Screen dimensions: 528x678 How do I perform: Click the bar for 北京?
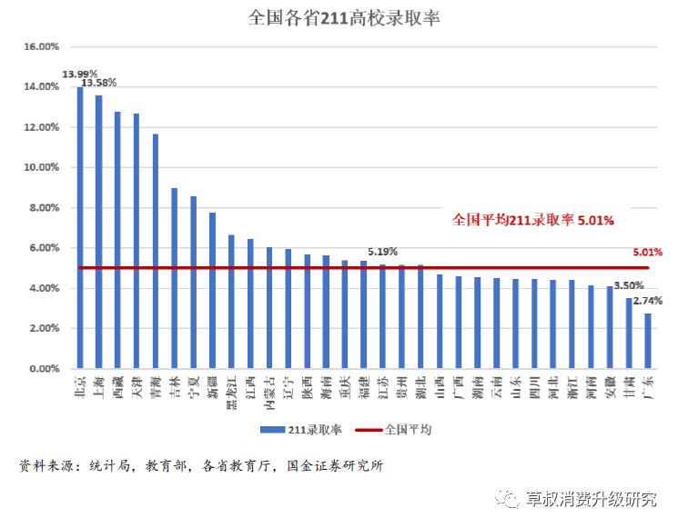[x=80, y=228]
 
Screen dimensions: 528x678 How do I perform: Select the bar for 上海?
[x=98, y=233]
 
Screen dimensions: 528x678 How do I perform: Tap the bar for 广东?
[x=647, y=341]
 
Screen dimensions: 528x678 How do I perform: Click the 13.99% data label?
[x=80, y=74]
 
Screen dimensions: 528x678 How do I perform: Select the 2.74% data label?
[x=647, y=301]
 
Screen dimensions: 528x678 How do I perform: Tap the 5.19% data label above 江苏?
[x=382, y=252]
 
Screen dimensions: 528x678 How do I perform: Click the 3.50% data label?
[x=628, y=285]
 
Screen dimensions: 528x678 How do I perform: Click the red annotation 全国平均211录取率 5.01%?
[x=533, y=219]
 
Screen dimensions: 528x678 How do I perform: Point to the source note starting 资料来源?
[x=200, y=466]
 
